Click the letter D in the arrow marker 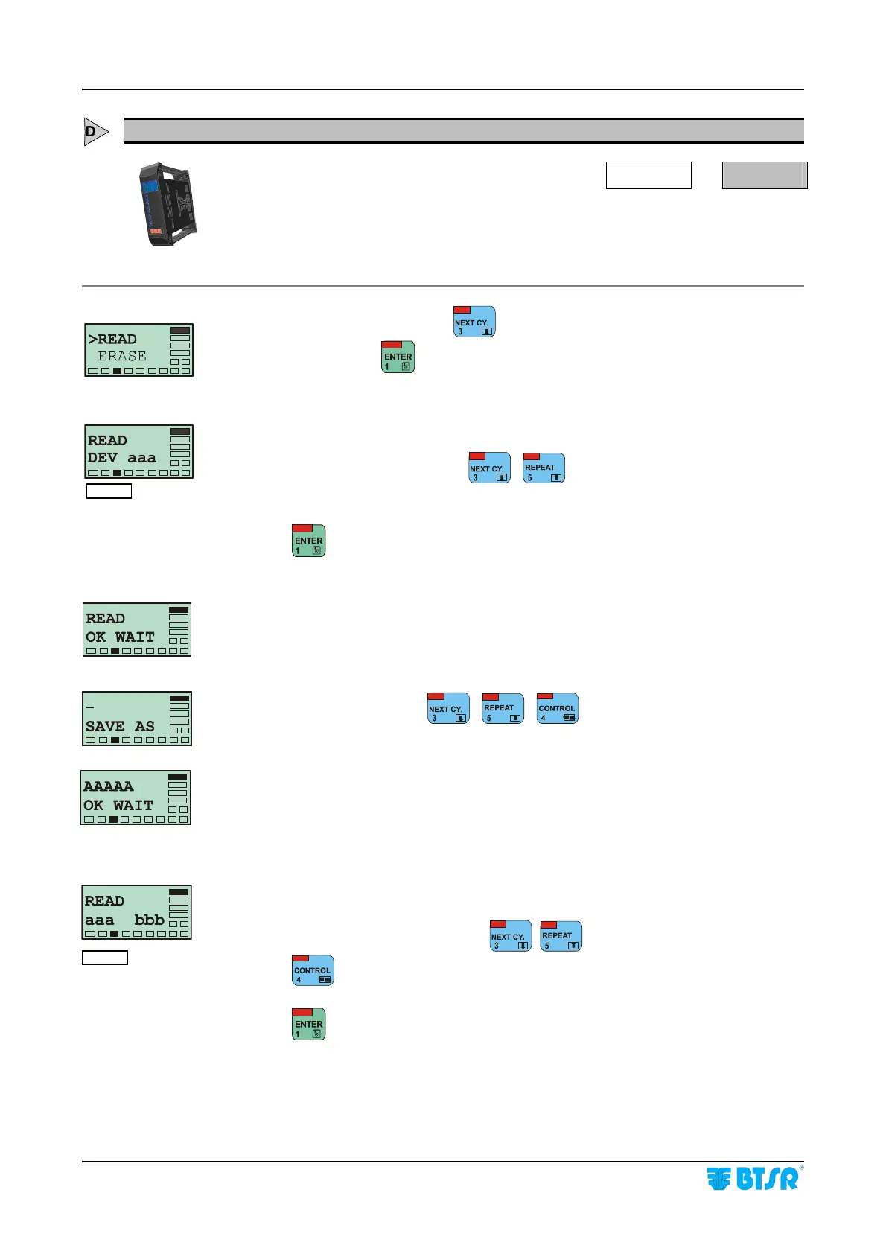pyautogui.click(x=91, y=132)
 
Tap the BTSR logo pyautogui.click(x=752, y=1179)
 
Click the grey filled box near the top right pyautogui.click(x=765, y=176)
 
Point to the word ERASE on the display pyautogui.click(x=122, y=357)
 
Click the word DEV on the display pyautogui.click(x=103, y=458)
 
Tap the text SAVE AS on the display pyautogui.click(x=120, y=726)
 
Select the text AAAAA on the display pyautogui.click(x=109, y=786)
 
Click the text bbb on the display pyautogui.click(x=149, y=920)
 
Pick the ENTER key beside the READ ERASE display pyautogui.click(x=398, y=357)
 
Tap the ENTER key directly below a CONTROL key pyautogui.click(x=309, y=1024)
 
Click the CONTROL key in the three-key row pyautogui.click(x=558, y=709)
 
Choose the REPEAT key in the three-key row pyautogui.click(x=503, y=709)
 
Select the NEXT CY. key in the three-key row pyautogui.click(x=448, y=709)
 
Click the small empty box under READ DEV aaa pyautogui.click(x=109, y=491)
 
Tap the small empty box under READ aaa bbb pyautogui.click(x=105, y=958)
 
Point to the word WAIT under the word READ pyautogui.click(x=135, y=637)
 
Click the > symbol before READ pyautogui.click(x=92, y=340)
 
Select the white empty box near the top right pyautogui.click(x=648, y=176)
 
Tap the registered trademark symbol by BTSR pyautogui.click(x=801, y=1168)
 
